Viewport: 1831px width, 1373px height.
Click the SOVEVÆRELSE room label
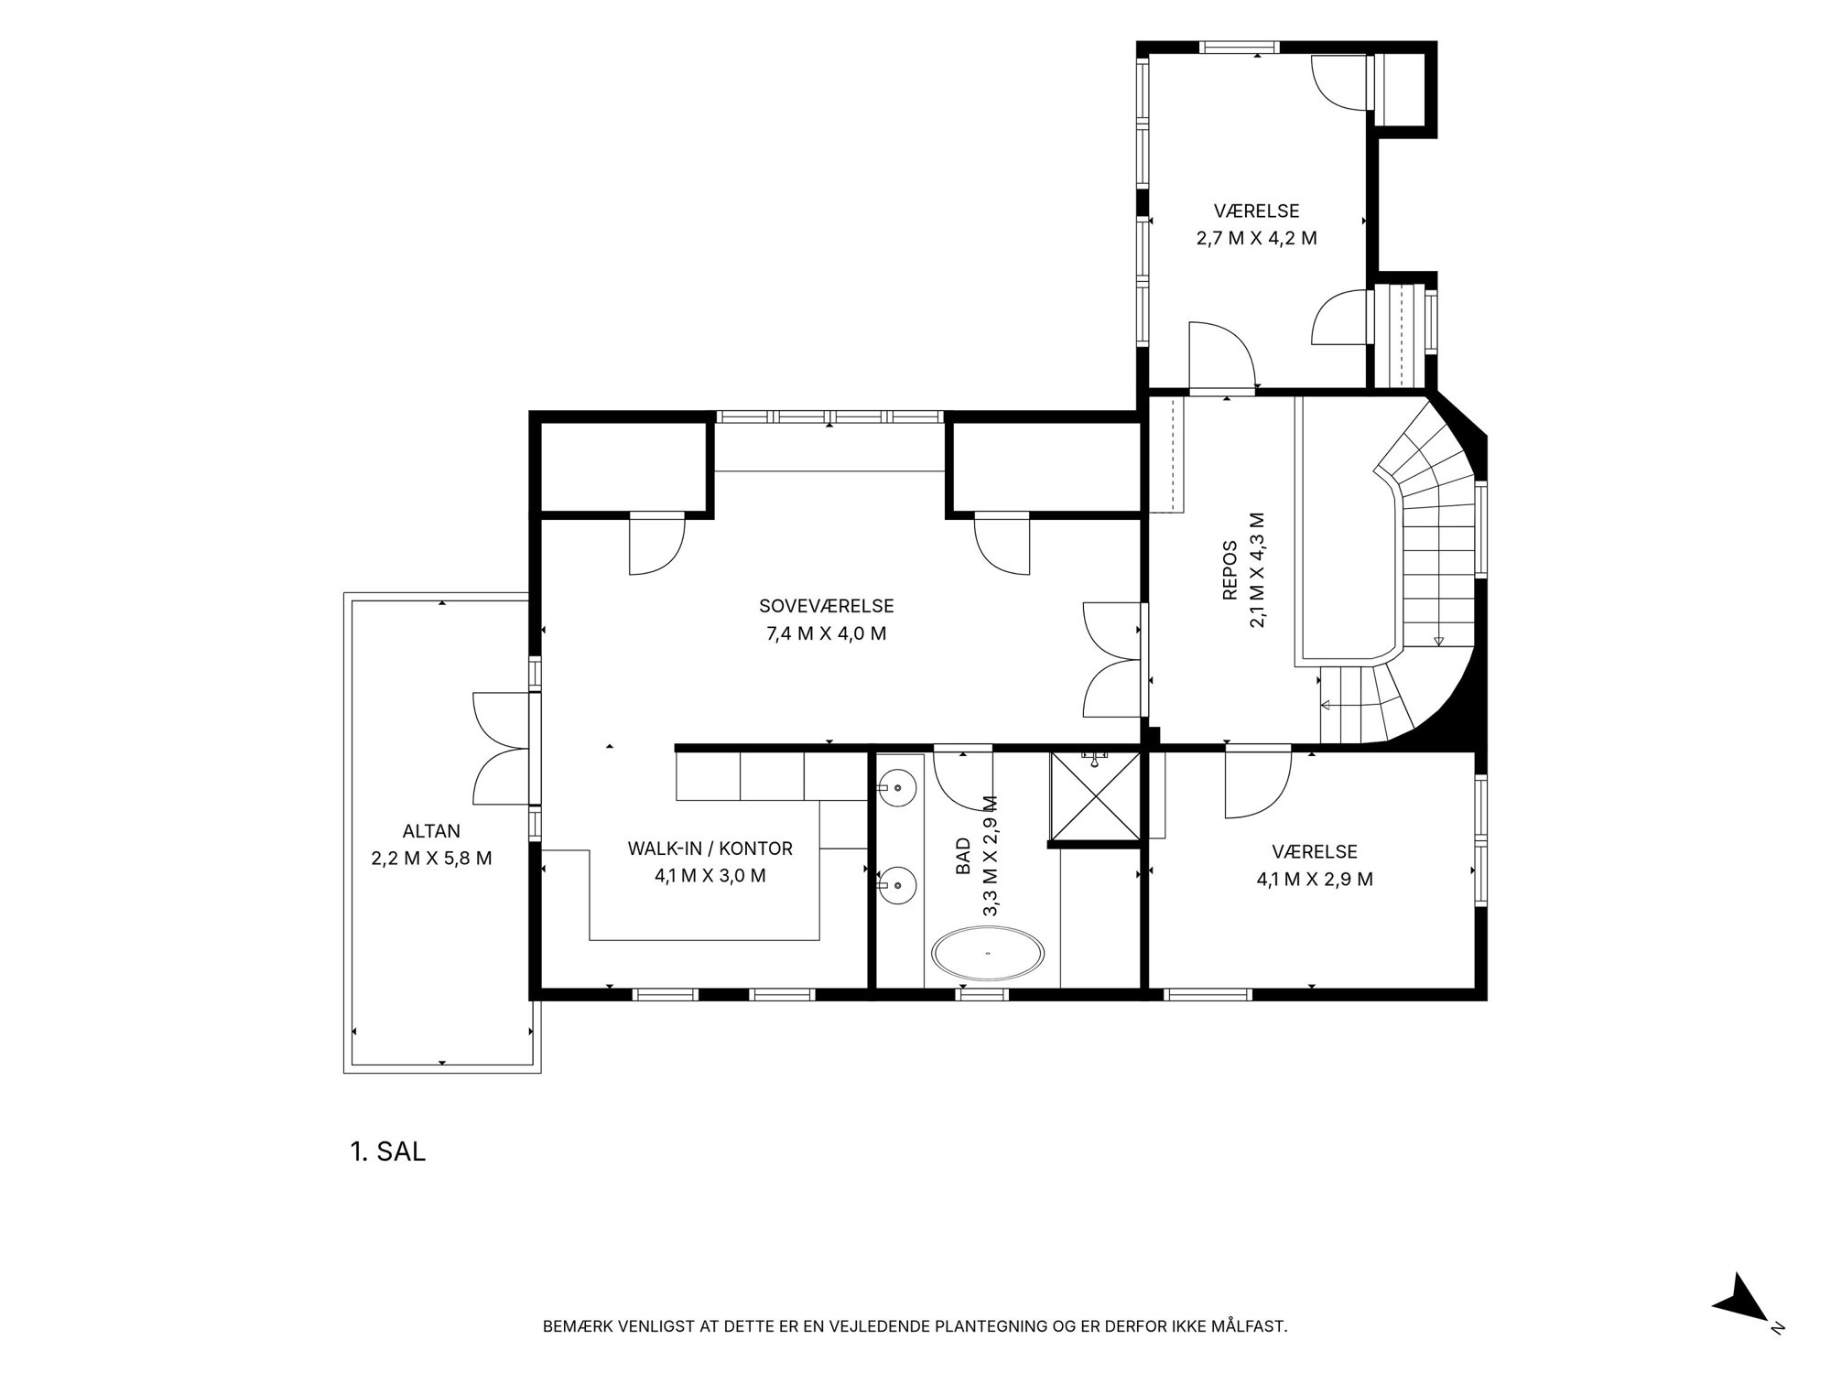[x=826, y=606]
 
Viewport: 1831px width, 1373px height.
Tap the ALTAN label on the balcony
[x=431, y=831]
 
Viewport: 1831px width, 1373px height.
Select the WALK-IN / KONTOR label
[x=710, y=849]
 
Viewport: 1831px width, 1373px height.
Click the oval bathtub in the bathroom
[x=988, y=954]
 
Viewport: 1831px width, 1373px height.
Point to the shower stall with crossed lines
[x=1096, y=796]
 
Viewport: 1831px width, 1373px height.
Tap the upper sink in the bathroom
[x=897, y=785]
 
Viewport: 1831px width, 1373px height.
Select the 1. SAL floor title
[x=388, y=1151]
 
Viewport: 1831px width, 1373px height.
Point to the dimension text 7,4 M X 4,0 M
[x=826, y=633]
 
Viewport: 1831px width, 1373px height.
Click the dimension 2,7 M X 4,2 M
[x=1256, y=238]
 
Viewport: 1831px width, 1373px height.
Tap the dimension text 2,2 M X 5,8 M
[x=431, y=859]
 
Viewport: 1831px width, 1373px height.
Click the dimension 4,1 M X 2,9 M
[x=1315, y=880]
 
